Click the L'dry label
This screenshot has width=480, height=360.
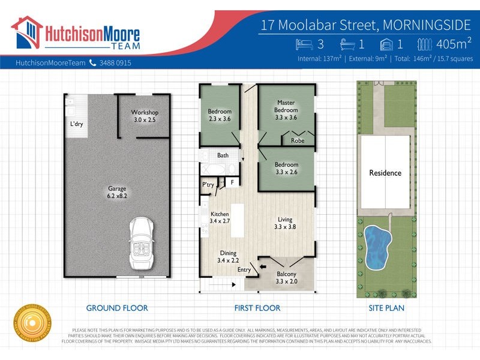(x=76, y=124)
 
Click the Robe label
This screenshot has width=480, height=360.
(x=297, y=141)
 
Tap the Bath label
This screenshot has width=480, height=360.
(x=223, y=155)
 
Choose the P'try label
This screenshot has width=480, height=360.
(x=208, y=184)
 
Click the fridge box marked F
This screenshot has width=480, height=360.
(x=232, y=182)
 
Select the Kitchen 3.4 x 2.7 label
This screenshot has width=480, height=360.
(x=220, y=218)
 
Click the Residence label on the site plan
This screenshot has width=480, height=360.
(x=385, y=173)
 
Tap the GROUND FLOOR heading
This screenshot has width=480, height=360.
(x=117, y=308)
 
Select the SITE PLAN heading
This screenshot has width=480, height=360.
(x=386, y=308)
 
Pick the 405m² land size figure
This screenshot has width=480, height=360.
(x=454, y=43)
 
